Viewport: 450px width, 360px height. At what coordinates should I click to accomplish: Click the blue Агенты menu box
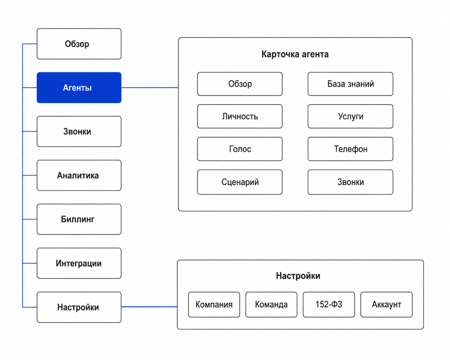[79, 88]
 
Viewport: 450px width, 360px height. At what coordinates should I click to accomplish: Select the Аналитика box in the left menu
[79, 176]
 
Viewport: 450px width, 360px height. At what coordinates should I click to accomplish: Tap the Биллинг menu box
[79, 219]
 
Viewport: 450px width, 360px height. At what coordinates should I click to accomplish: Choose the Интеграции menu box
[79, 263]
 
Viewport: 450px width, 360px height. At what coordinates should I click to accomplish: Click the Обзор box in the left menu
[79, 44]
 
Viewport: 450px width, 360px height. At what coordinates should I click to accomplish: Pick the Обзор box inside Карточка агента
[240, 84]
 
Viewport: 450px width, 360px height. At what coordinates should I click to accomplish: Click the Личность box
[240, 116]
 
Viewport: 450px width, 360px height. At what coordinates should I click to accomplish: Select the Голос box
[240, 149]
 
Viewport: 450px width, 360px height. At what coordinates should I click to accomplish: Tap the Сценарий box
[240, 182]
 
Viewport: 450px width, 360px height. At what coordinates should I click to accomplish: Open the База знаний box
[350, 84]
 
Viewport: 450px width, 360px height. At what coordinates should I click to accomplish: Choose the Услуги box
[350, 116]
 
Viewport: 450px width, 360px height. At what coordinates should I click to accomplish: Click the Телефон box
[350, 149]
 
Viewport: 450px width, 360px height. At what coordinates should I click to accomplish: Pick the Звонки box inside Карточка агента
[350, 182]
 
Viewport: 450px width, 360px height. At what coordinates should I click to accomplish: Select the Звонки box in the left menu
[79, 132]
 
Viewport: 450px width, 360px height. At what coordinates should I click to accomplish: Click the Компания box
[214, 304]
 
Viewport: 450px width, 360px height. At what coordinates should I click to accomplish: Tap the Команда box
[272, 304]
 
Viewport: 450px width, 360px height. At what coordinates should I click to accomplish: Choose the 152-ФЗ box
[329, 304]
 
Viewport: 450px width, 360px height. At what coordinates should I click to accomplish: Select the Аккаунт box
[387, 304]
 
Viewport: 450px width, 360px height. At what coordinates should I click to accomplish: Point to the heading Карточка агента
[295, 54]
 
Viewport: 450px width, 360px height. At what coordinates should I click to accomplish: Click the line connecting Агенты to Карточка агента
[150, 88]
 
